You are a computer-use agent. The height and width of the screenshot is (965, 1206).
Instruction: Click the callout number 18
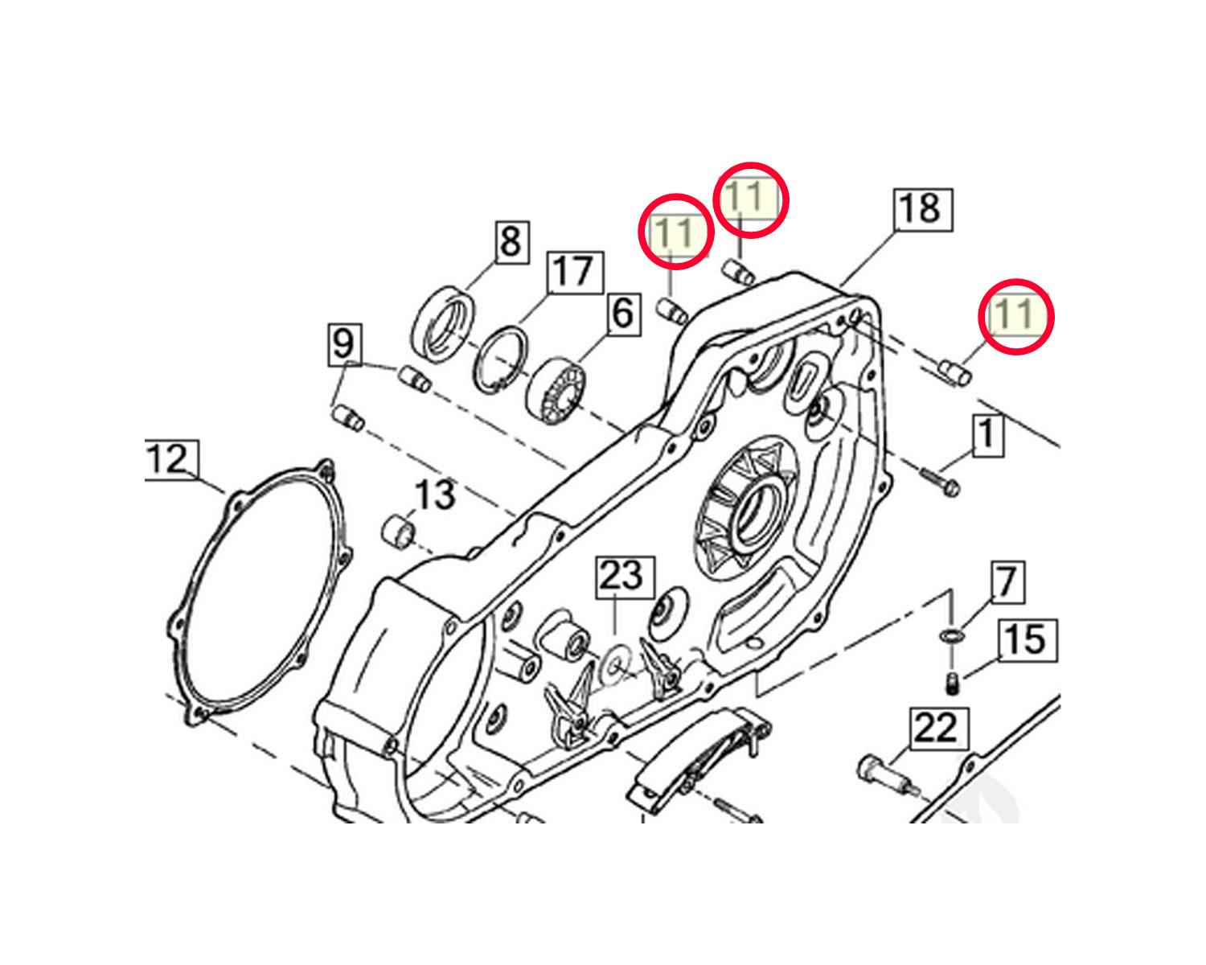click(923, 210)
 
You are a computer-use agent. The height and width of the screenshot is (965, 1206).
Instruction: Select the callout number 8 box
click(511, 242)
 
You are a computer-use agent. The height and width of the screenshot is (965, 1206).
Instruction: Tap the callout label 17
click(575, 273)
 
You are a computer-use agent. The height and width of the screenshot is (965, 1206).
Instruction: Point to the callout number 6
click(623, 314)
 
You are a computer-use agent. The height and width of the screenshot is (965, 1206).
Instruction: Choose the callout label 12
click(171, 460)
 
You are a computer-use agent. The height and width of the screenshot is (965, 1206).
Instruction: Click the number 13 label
click(436, 497)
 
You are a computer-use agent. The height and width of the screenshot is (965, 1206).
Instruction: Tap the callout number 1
click(987, 435)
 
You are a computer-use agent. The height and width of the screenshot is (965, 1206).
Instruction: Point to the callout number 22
click(939, 729)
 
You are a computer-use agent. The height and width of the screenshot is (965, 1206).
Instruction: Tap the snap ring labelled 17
click(500, 359)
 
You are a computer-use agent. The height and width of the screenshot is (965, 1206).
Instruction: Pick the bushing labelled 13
click(398, 531)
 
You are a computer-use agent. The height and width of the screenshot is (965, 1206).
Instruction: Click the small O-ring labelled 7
click(951, 635)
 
